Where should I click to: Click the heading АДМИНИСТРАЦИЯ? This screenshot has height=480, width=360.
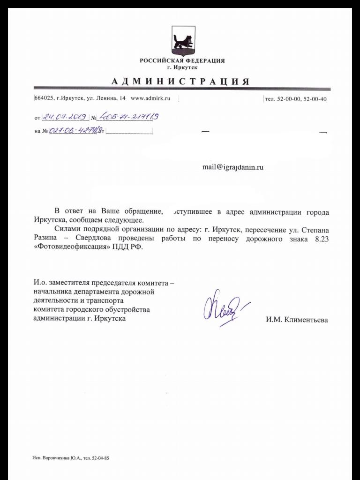point(180,81)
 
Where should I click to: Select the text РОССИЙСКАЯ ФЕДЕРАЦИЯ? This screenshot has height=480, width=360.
point(182,61)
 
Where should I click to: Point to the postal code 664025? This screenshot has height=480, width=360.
point(44,98)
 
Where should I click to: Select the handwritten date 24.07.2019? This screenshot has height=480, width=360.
point(63,117)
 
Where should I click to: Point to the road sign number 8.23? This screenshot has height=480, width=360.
point(321,239)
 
